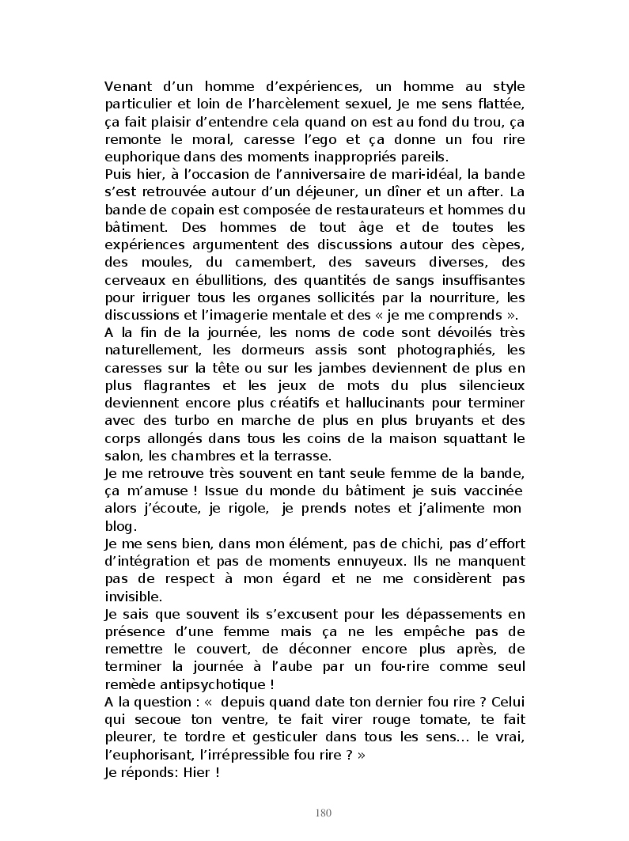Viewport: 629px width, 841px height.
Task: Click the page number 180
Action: pos(322,813)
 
